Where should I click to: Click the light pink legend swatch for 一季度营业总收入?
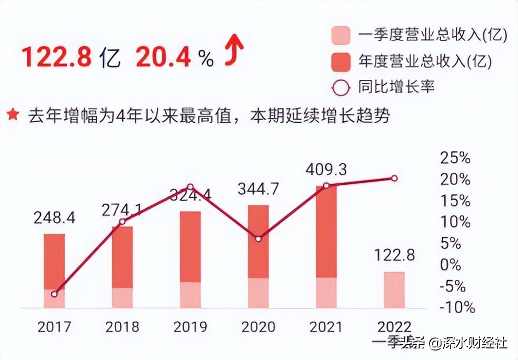(x=341, y=36)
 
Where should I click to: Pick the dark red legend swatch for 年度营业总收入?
(x=341, y=62)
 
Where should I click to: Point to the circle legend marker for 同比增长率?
(x=341, y=87)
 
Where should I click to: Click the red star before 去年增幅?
(x=13, y=115)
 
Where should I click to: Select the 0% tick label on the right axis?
(x=451, y=265)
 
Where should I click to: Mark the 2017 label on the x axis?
(x=54, y=327)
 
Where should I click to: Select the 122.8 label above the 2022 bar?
(x=394, y=256)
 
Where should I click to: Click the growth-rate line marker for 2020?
(x=258, y=239)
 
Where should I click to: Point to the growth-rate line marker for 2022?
(x=394, y=178)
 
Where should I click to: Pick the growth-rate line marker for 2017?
(x=54, y=294)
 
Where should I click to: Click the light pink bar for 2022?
(x=394, y=290)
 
